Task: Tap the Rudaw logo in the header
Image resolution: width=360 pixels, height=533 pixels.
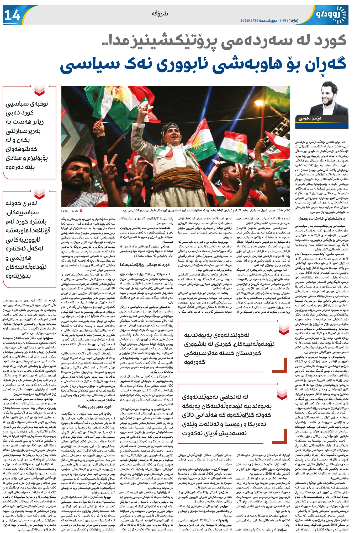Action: tap(331, 15)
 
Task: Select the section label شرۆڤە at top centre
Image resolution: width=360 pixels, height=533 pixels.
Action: tap(160, 14)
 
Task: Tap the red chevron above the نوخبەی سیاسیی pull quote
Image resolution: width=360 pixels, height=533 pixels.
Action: tap(39, 90)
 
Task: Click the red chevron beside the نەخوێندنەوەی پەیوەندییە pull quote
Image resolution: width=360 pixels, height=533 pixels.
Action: tap(284, 329)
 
